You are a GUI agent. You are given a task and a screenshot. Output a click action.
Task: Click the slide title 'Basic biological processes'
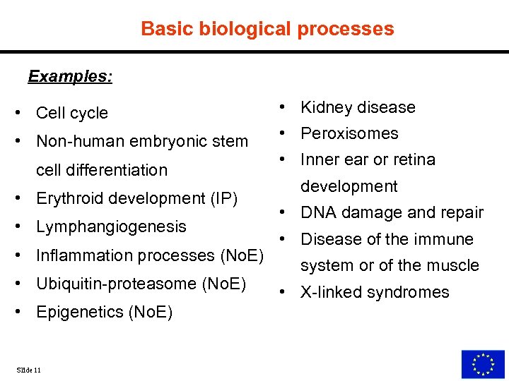click(x=267, y=29)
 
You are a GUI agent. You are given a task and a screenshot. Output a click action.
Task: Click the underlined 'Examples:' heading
click(x=70, y=76)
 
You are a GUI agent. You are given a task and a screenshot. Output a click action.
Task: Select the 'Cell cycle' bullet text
click(x=72, y=113)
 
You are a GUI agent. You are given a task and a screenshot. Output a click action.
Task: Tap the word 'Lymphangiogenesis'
click(x=111, y=226)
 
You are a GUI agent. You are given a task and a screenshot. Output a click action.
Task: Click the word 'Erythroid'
click(x=66, y=198)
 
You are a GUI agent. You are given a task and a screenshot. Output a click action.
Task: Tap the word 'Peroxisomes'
click(x=349, y=133)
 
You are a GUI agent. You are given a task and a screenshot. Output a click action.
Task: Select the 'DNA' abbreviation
click(x=317, y=212)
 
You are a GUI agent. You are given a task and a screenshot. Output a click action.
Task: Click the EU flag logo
click(x=483, y=363)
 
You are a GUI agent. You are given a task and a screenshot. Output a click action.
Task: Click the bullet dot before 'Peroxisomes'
click(x=281, y=133)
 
